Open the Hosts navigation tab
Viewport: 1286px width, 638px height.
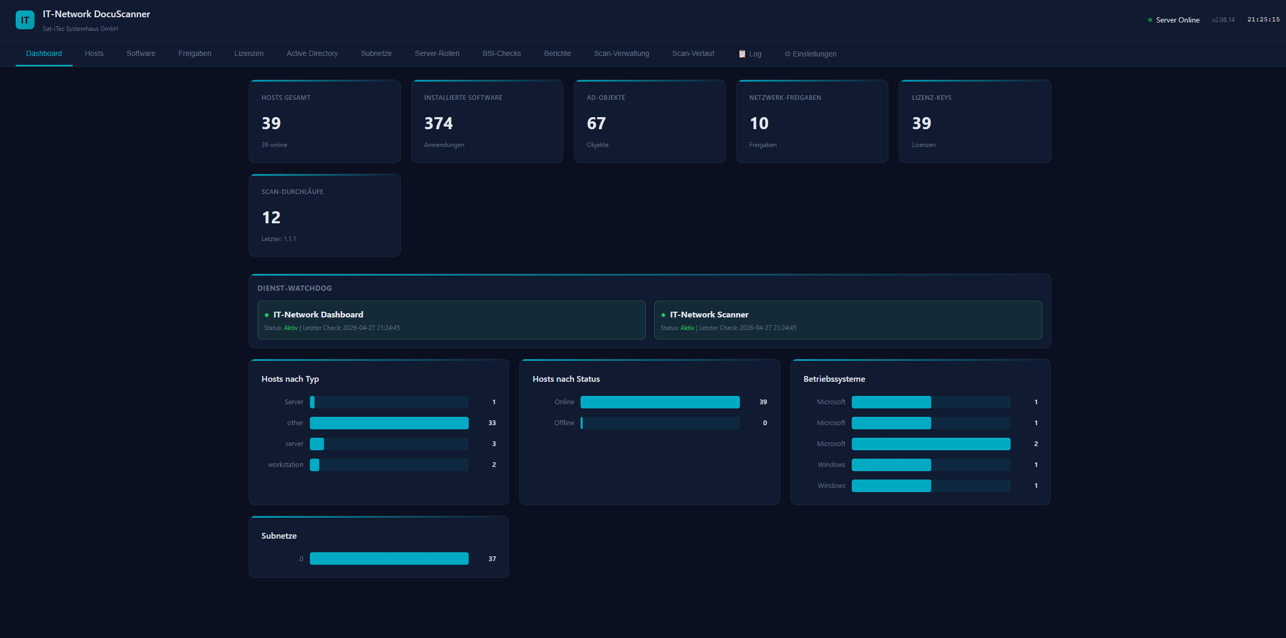(x=94, y=54)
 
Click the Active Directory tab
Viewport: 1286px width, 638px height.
(x=312, y=54)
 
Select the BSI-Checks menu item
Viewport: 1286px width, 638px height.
(x=502, y=54)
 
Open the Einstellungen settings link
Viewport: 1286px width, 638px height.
(x=810, y=54)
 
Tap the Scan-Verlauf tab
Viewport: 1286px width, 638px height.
(x=693, y=54)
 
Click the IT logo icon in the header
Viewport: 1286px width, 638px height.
(x=25, y=20)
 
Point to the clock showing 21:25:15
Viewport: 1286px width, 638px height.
(x=1263, y=20)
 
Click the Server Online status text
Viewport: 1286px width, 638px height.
(x=1177, y=20)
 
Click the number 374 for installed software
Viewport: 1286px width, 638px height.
(x=438, y=123)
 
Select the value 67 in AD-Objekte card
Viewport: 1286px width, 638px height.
(x=596, y=123)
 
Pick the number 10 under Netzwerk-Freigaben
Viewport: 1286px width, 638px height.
(x=759, y=123)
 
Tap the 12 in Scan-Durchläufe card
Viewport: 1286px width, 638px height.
(x=271, y=218)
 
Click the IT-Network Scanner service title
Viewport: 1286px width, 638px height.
(x=709, y=315)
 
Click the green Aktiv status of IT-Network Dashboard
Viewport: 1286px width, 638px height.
(x=291, y=328)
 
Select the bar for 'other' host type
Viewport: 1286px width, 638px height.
(x=389, y=423)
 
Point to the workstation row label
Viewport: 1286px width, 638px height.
(x=285, y=465)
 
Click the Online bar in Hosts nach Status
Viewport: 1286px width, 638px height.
(x=660, y=402)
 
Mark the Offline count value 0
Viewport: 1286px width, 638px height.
(x=765, y=423)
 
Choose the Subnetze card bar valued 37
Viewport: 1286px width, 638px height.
(x=389, y=559)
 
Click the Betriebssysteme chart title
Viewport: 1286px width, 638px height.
(x=834, y=379)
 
